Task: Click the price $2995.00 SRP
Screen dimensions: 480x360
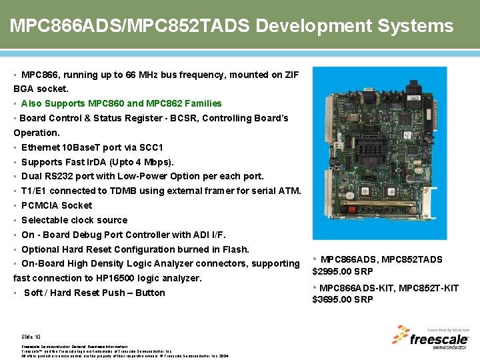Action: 343,271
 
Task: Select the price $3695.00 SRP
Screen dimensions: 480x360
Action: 343,299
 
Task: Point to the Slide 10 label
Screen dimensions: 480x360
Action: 31,337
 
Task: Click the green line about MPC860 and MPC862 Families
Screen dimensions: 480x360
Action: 121,103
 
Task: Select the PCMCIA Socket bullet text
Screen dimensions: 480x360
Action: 57,205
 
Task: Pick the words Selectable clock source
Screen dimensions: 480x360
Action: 74,220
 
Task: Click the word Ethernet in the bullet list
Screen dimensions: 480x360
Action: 41,147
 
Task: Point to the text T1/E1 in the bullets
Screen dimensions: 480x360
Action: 34,191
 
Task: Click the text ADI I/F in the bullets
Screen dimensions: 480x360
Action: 209,235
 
